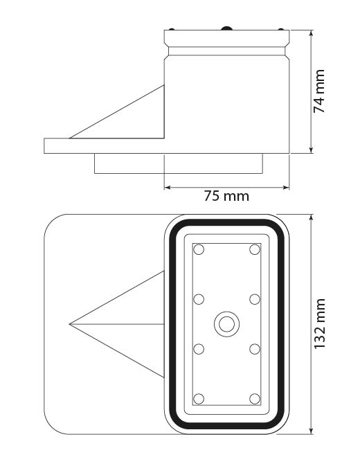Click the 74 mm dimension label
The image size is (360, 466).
(319, 91)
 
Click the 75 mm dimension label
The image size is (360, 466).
(226, 196)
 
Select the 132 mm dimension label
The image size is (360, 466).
(319, 324)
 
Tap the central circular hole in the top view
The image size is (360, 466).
(226, 323)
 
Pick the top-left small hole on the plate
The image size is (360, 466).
(199, 249)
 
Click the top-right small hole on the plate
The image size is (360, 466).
(254, 249)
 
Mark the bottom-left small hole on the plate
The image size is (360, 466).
(199, 398)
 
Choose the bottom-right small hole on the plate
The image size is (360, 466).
(254, 398)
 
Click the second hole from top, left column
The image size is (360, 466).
(199, 299)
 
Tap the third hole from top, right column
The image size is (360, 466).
(254, 348)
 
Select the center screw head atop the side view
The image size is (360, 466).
(226, 28)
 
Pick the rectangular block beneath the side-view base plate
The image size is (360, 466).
(179, 163)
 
